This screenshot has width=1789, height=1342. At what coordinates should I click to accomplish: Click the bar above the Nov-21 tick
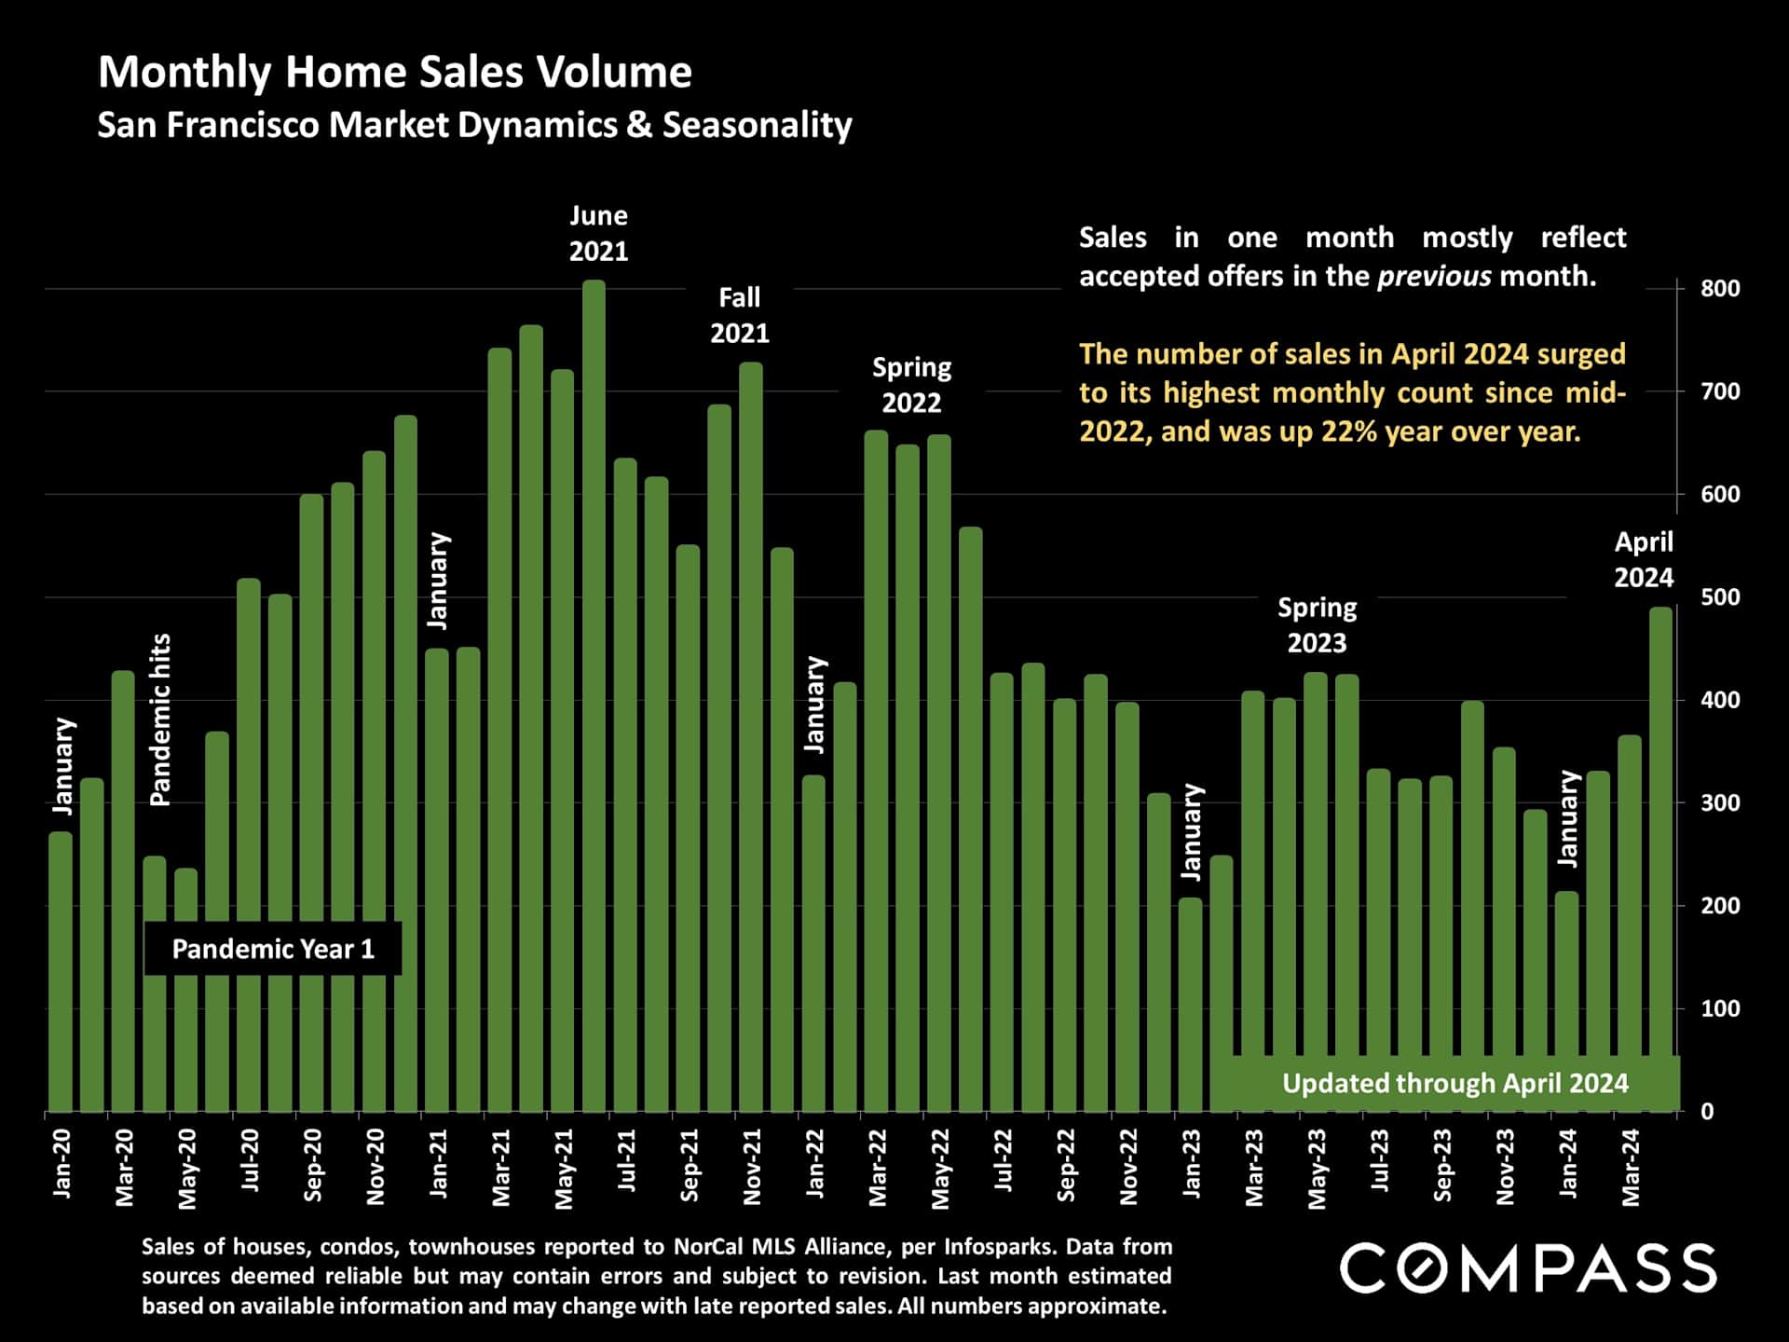coord(751,736)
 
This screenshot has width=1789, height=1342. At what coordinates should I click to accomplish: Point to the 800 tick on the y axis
coord(1719,289)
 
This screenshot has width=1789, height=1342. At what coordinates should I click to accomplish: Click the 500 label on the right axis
coord(1719,597)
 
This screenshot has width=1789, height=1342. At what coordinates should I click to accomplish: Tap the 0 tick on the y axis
coord(1707,1112)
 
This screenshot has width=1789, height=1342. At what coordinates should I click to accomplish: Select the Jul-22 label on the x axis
coord(1004,1160)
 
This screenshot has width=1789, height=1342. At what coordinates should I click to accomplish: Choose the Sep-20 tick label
coord(313,1165)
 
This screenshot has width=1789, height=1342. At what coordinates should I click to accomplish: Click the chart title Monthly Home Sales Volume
coord(395,73)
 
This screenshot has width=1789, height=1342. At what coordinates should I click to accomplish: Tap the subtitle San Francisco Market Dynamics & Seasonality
coord(474,125)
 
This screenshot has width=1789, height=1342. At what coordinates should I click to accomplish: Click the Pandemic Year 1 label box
coord(273,949)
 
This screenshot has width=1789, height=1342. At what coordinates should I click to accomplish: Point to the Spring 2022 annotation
coord(911,385)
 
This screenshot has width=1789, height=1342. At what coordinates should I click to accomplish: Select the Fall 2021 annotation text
coord(740,315)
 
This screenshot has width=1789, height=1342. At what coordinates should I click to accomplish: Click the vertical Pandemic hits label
coord(160,719)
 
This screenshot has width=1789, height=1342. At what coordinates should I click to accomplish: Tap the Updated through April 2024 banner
coord(1454,1083)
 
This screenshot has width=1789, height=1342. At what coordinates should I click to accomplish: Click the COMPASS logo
coord(1528,1268)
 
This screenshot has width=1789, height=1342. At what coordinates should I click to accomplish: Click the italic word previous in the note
coord(1434,277)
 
